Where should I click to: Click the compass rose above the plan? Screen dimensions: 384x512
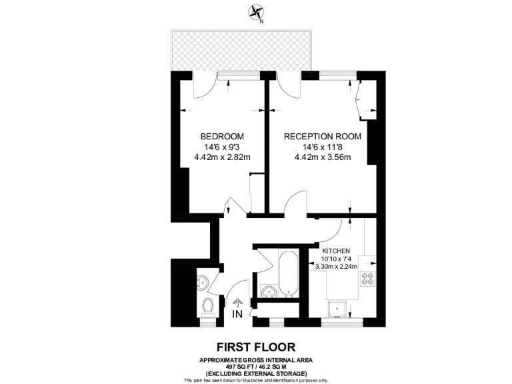[255, 11]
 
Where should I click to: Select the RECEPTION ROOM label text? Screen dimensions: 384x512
[323, 137]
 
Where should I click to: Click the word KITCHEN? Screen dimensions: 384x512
[336, 251]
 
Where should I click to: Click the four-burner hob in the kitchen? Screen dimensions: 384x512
[367, 279]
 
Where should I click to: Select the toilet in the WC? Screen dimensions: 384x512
[208, 307]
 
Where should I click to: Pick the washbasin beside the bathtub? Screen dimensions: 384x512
[269, 292]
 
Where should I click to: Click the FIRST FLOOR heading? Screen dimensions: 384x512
[255, 347]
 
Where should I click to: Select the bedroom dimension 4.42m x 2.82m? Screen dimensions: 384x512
[222, 158]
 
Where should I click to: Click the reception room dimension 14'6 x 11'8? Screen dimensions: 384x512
[323, 147]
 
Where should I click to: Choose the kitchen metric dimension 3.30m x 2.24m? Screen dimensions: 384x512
[336, 266]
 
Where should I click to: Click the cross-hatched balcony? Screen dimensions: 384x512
[242, 49]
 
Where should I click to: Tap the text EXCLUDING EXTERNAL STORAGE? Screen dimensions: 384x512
[256, 373]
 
